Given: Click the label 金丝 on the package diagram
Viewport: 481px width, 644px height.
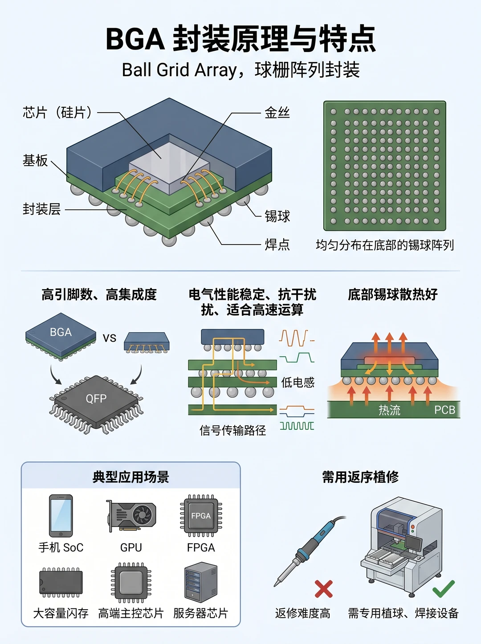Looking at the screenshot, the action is coord(277,113).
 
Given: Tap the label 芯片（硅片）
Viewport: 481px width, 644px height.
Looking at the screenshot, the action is coord(57,112).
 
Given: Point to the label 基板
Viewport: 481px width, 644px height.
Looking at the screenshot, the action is coord(35,160).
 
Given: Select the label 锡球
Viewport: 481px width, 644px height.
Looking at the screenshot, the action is coord(277,216).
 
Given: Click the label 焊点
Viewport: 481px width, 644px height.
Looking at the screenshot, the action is coord(277,245).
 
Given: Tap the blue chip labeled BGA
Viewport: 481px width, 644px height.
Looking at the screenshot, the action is coord(61,336).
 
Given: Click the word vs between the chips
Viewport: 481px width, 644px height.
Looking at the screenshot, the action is coord(110,338).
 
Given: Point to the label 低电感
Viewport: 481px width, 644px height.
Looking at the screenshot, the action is coord(298,382).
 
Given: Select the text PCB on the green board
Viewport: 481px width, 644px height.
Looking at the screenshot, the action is coord(444,410).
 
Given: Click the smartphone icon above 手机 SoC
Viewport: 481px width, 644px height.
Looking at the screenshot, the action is coord(61,516).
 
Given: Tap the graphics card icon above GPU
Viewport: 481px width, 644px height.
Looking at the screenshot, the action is coord(131,516).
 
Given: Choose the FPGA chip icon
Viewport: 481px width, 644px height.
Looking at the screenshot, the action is coord(201,516).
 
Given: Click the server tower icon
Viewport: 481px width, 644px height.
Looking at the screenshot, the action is coord(201,582).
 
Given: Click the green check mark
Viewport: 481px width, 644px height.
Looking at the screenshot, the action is coord(444,589).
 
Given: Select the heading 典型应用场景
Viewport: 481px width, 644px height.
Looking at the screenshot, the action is coord(131,477).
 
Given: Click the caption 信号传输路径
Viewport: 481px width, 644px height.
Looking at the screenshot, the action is coord(232,430).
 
